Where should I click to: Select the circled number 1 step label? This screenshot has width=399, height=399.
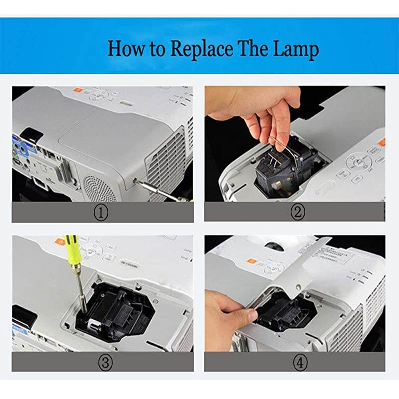[x=102, y=213]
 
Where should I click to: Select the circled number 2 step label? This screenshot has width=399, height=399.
[x=297, y=213]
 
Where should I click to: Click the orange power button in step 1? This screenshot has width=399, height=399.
[x=78, y=91]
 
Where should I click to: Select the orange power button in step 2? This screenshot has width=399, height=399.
[x=381, y=143]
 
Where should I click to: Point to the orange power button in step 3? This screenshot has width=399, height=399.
[x=61, y=240]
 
